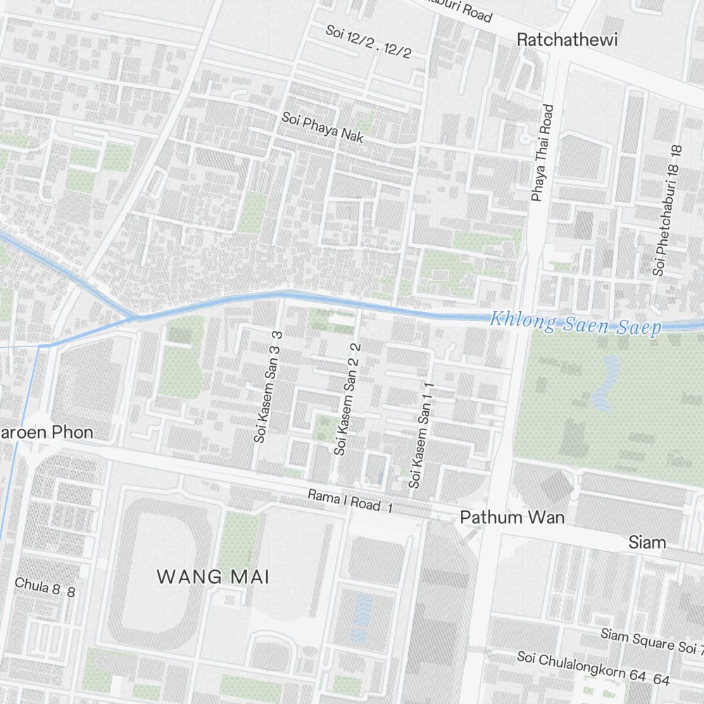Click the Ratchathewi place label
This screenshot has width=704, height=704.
pyautogui.click(x=567, y=40)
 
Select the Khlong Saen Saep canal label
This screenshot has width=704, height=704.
pyautogui.click(x=575, y=325)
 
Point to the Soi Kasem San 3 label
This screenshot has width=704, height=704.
pyautogui.click(x=269, y=386)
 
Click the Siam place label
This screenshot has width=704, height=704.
pyautogui.click(x=647, y=542)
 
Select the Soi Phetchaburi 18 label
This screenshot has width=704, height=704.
pyautogui.click(x=668, y=210)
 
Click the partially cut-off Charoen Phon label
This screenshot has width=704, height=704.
pyautogui.click(x=46, y=432)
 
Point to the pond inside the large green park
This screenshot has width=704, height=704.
pyautogui.click(x=606, y=384)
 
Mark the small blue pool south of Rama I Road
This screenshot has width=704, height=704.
pyautogui.click(x=361, y=617)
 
